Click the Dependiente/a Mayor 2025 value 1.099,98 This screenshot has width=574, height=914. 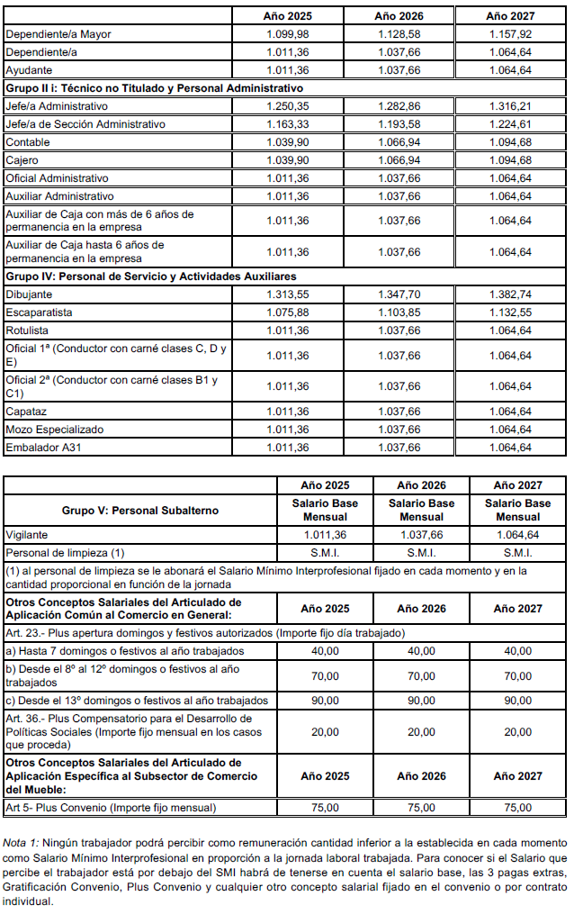click(x=287, y=34)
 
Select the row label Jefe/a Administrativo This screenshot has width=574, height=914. click(x=50, y=106)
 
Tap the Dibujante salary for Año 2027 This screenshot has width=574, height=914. click(x=509, y=294)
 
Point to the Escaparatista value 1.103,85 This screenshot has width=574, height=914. click(x=399, y=312)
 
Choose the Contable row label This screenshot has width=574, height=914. click(x=28, y=142)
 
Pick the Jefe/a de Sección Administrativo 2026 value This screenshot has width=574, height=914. click(x=399, y=124)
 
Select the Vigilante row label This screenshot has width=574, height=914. click(x=27, y=534)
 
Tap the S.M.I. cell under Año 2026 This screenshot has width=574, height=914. click(x=421, y=552)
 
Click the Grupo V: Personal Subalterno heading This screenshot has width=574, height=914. click(x=139, y=511)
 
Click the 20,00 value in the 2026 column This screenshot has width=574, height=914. click(x=421, y=732)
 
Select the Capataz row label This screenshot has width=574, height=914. click(x=27, y=412)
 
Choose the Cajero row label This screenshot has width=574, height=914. click(x=23, y=160)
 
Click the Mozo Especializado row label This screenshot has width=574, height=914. click(x=54, y=430)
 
